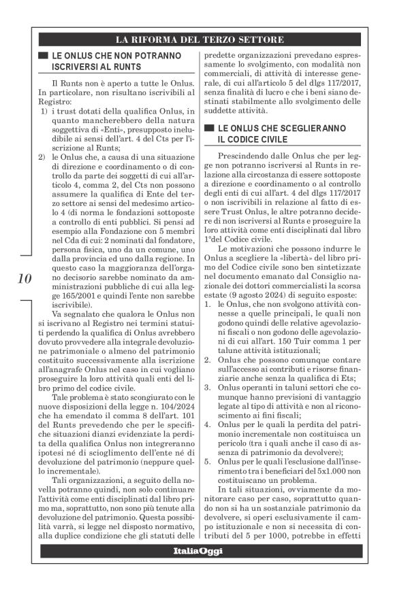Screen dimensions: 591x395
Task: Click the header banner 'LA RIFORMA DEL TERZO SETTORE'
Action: point(197,37)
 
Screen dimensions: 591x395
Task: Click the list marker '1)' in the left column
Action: point(42,111)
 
